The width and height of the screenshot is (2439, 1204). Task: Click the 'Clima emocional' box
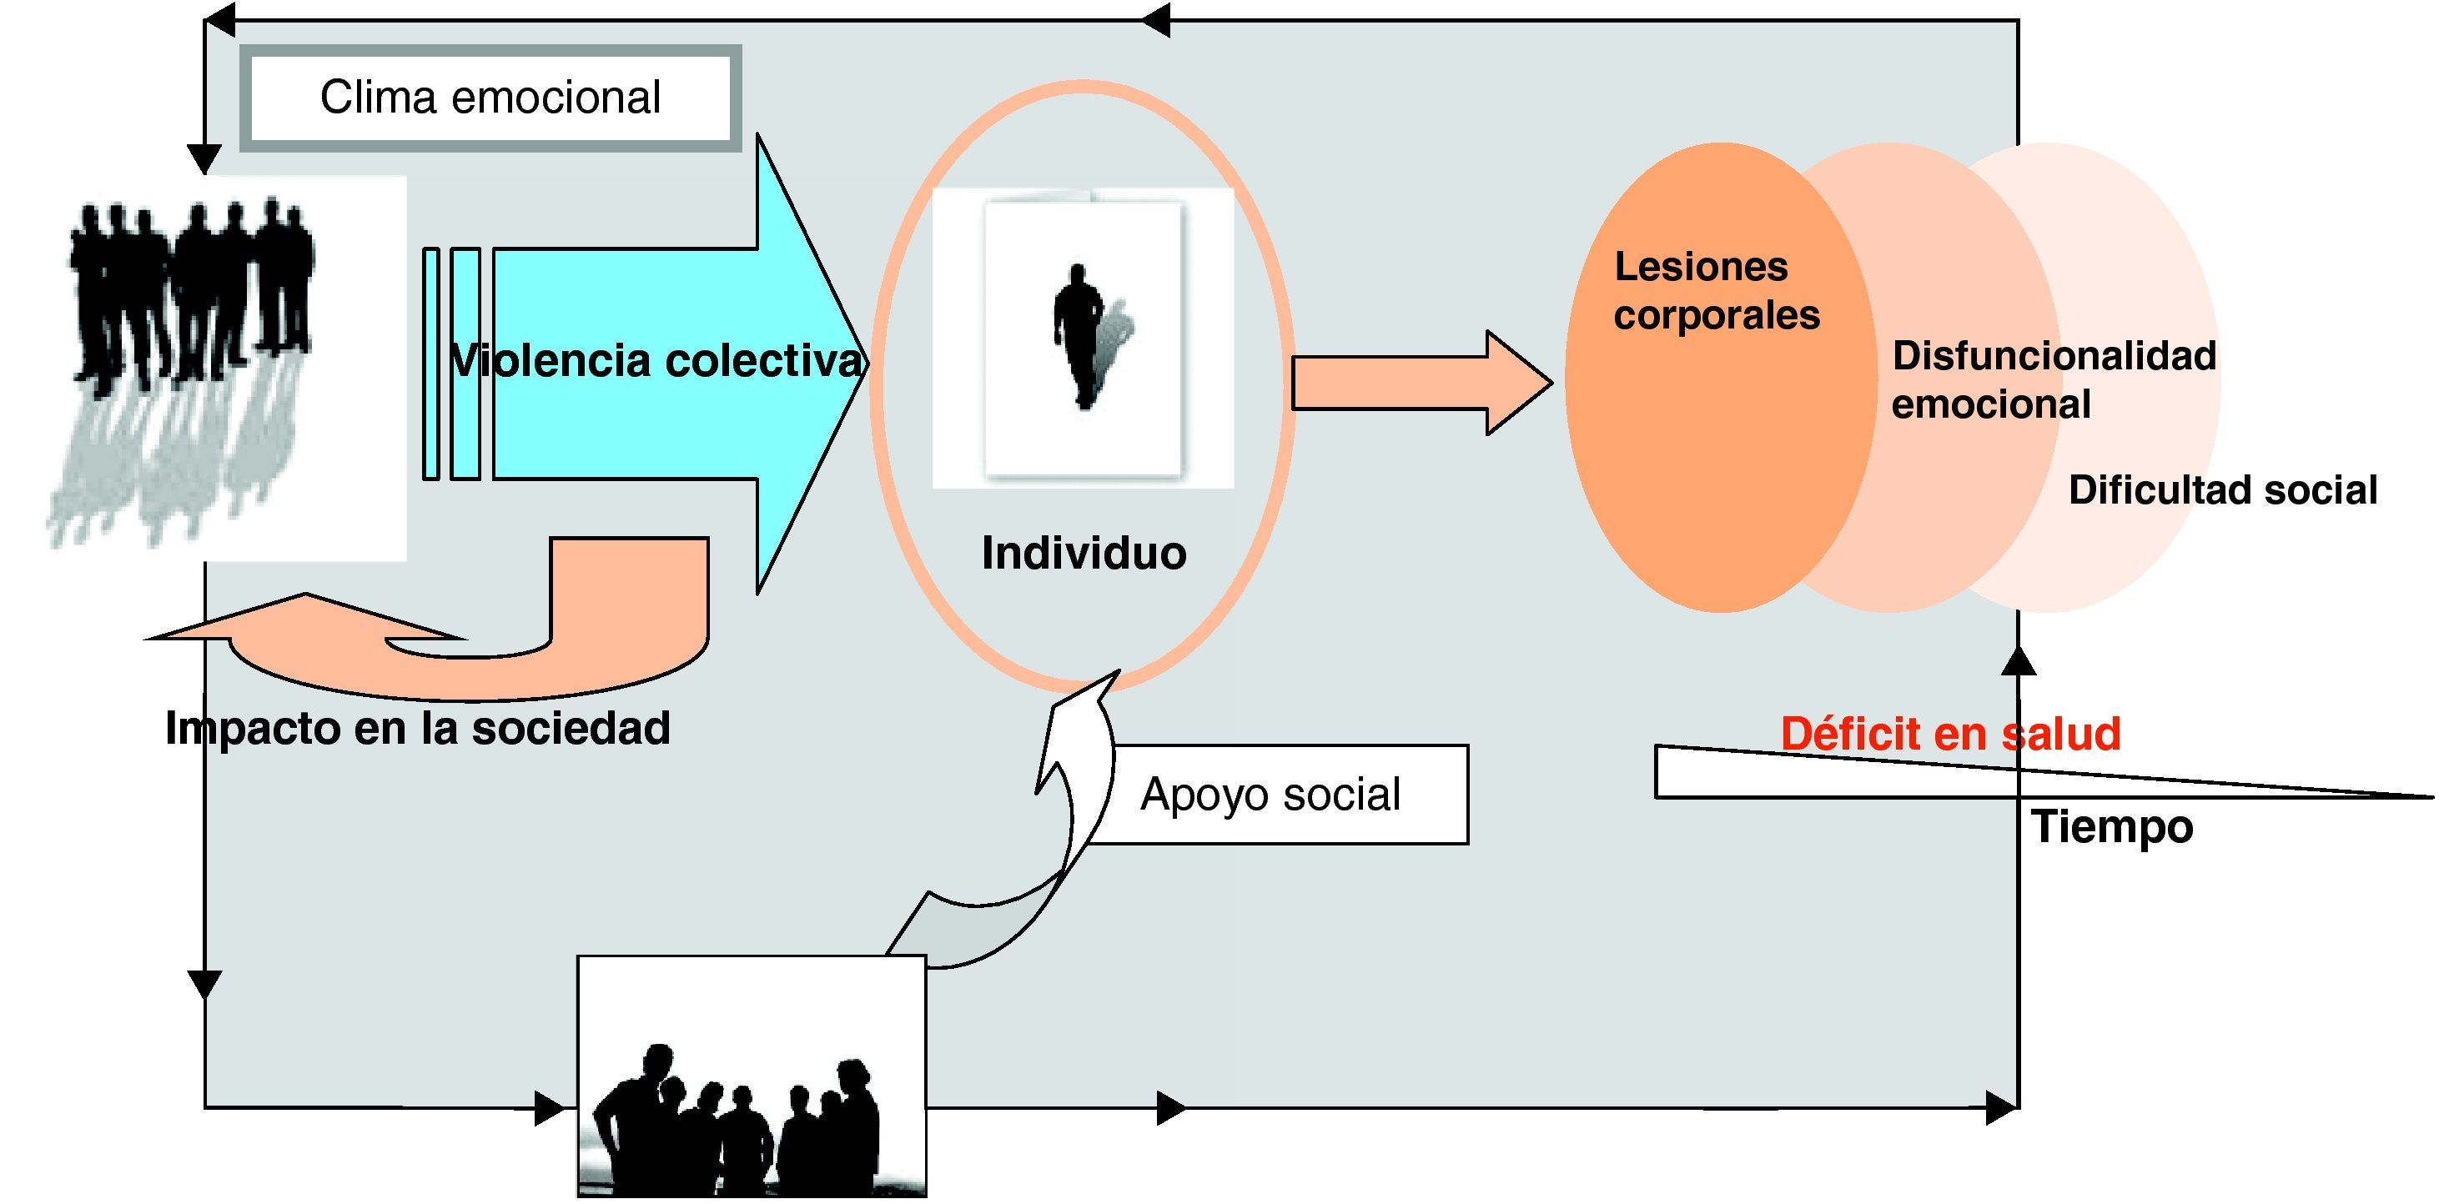tap(490, 98)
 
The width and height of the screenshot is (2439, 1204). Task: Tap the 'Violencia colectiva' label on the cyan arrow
tap(657, 361)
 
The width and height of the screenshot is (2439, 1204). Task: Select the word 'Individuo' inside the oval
tap(1084, 553)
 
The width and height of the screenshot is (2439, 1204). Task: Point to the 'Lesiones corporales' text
tap(1716, 291)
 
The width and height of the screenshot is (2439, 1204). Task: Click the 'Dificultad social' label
tap(2222, 490)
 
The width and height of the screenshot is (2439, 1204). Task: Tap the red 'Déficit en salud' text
tap(1949, 734)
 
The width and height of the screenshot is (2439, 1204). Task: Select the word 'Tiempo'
tap(2111, 826)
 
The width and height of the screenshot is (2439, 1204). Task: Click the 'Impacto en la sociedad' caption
tap(418, 728)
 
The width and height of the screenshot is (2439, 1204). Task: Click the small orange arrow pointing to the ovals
tap(1421, 383)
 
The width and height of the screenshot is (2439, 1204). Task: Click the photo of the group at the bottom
tap(752, 1077)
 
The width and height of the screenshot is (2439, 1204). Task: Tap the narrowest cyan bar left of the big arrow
tap(430, 364)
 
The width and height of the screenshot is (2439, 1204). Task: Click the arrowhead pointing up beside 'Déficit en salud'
tap(2019, 660)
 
